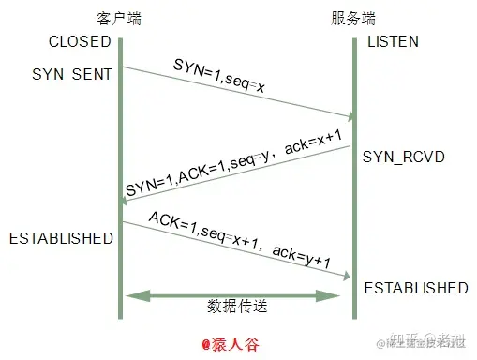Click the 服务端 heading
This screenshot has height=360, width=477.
coord(353,19)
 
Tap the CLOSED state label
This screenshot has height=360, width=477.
coord(80,42)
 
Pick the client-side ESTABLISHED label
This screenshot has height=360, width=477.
coord(61,238)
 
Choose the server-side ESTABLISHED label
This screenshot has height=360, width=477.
coord(415,287)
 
